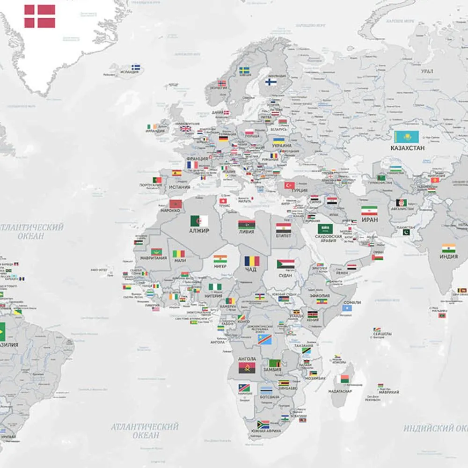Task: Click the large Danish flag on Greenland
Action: tap(40, 16)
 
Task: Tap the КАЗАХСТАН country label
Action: tap(408, 148)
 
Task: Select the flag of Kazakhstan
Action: tap(406, 137)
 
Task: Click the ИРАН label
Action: tap(369, 219)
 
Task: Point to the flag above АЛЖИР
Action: tap(199, 221)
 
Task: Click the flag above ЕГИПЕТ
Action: tap(283, 228)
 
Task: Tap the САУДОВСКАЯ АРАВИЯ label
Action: tap(328, 239)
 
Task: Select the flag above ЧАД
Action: tap(251, 261)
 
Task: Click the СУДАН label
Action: tap(285, 276)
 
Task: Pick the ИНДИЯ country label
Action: tap(448, 257)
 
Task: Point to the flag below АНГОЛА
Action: tap(247, 367)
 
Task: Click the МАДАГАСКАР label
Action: tap(340, 391)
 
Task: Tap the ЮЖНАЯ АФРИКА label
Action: tap(266, 431)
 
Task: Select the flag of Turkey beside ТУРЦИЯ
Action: tap(289, 186)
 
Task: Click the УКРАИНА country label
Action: tap(282, 146)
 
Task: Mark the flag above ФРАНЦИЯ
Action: tap(192, 165)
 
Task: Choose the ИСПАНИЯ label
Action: tap(180, 187)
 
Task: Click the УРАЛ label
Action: tap(427, 72)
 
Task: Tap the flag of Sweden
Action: tap(244, 71)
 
